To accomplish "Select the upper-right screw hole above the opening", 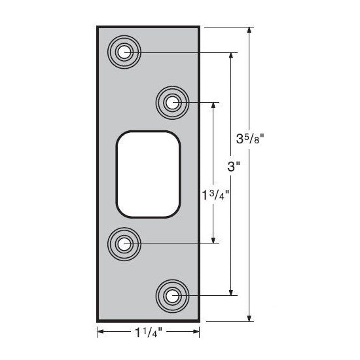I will coord(172,102).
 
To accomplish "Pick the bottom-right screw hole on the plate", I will coord(172,296).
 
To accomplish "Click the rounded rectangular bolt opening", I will coord(148,173).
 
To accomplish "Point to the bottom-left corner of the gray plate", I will coord(98,321).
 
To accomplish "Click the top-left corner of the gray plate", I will coord(98,27).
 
